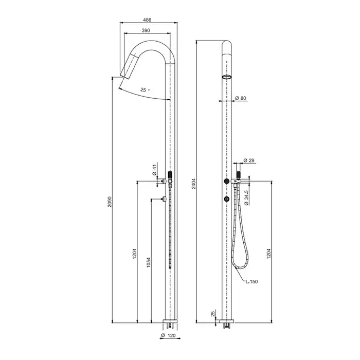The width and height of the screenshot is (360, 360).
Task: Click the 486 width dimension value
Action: tap(147, 20)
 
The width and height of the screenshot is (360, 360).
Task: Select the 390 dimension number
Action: tap(146, 30)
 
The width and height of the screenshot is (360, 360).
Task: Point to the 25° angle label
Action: tap(145, 90)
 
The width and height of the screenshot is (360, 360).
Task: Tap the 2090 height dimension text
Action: tap(110, 202)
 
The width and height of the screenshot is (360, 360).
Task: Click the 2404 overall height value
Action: tap(194, 184)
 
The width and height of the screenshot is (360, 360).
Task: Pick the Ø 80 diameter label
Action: tap(241, 98)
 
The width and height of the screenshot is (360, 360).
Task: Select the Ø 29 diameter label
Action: tap(249, 160)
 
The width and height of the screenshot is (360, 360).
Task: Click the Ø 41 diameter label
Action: tap(154, 169)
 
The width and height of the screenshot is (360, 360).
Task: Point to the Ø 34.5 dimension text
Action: tap(246, 197)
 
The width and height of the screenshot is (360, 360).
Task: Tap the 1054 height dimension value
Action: tap(149, 263)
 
